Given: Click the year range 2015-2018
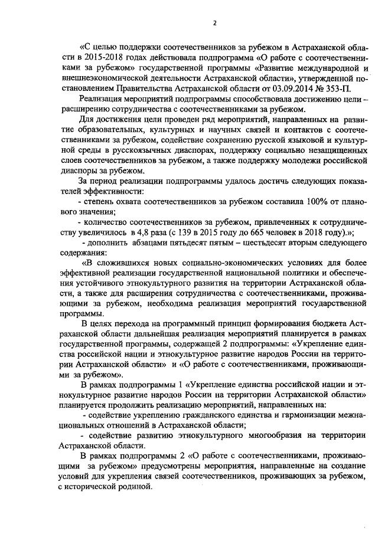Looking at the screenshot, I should [x=99, y=59].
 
